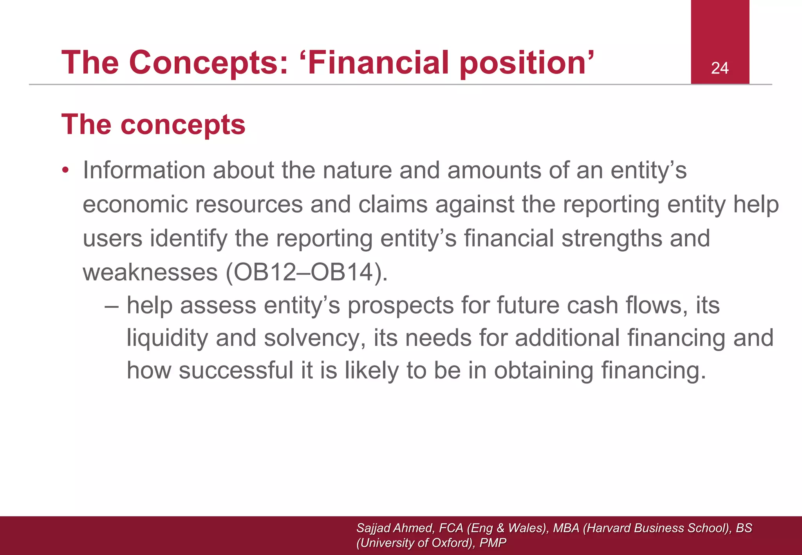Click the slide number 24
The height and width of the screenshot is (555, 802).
719,68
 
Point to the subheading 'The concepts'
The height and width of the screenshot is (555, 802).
153,124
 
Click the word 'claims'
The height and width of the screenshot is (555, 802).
392,204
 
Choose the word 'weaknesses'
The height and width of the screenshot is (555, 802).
150,272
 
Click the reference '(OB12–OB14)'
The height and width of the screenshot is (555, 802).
307,272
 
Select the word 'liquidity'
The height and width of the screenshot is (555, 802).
167,338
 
